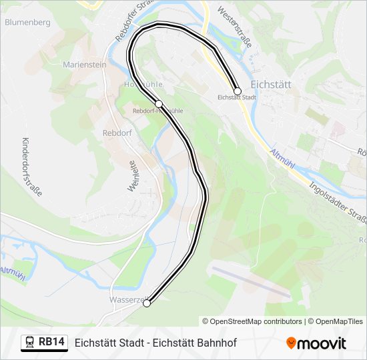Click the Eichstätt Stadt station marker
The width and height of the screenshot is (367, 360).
pyautogui.click(x=237, y=91)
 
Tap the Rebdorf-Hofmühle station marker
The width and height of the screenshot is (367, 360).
pyautogui.click(x=159, y=103)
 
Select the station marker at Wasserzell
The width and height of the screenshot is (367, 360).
pyautogui.click(x=147, y=303)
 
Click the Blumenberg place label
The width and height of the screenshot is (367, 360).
pyautogui.click(x=27, y=22)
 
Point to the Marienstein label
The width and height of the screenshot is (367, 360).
pyautogui.click(x=85, y=65)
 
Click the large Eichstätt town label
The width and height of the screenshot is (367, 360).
pyautogui.click(x=273, y=85)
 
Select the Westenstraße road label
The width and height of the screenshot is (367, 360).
pyautogui.click(x=234, y=28)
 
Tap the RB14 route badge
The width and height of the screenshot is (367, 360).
pyautogui.click(x=52, y=342)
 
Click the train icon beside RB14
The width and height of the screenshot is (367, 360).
pyautogui.click(x=30, y=342)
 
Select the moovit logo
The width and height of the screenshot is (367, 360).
pyautogui.click(x=316, y=343)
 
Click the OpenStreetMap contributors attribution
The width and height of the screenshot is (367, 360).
pyautogui.click(x=252, y=321)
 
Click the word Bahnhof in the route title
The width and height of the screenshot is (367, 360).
pyautogui.click(x=216, y=343)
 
